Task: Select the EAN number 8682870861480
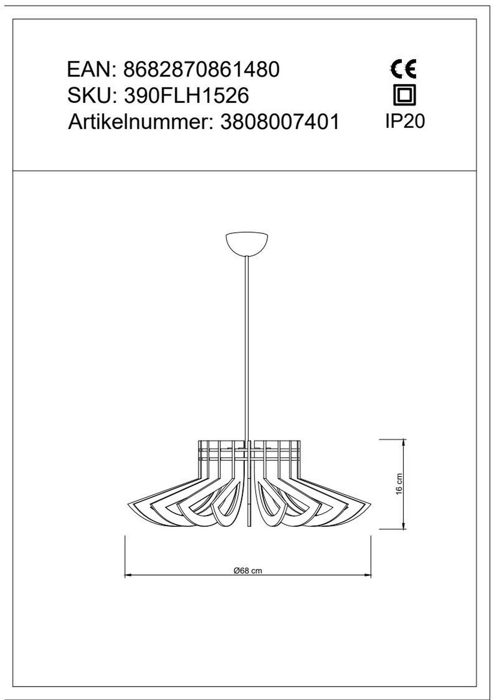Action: coord(201,70)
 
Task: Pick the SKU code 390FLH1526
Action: coord(186,96)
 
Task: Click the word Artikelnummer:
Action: coord(140,122)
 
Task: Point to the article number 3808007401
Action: coord(280,122)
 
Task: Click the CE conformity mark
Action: coord(403,69)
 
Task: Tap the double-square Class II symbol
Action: coord(405,95)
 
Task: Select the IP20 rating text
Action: coord(405,121)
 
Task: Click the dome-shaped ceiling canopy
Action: coord(247,244)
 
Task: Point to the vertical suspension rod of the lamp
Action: coord(247,350)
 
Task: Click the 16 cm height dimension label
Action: coord(398,484)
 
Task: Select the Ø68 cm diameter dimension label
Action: coord(247,571)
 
